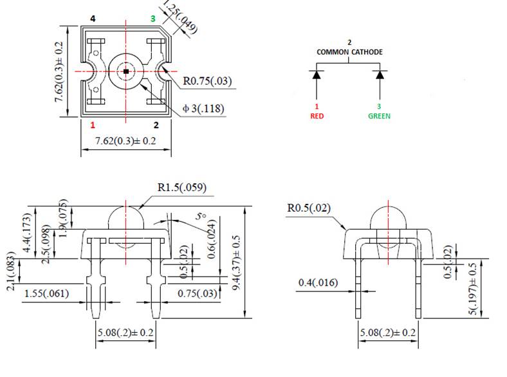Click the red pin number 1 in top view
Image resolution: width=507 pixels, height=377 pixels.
[x=93, y=125]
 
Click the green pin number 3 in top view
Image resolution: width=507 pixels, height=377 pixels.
[x=152, y=19]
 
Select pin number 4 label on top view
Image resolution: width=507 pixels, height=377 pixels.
[x=93, y=19]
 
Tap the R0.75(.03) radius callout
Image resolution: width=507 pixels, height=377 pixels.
[x=207, y=81]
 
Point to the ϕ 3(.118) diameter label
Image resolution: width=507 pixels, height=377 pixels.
[x=203, y=109]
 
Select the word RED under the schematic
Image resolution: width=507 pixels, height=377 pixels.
[x=317, y=116]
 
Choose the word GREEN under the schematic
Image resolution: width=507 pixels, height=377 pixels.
[x=379, y=116]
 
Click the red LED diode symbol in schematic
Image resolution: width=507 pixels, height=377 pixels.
[x=317, y=75]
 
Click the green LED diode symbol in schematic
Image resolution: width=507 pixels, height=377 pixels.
[x=379, y=75]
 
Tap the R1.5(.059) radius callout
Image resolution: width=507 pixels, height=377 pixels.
[x=181, y=188]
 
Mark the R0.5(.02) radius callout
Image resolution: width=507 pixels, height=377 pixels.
[x=311, y=208]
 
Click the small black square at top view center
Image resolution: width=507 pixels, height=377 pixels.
[x=126, y=71]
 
